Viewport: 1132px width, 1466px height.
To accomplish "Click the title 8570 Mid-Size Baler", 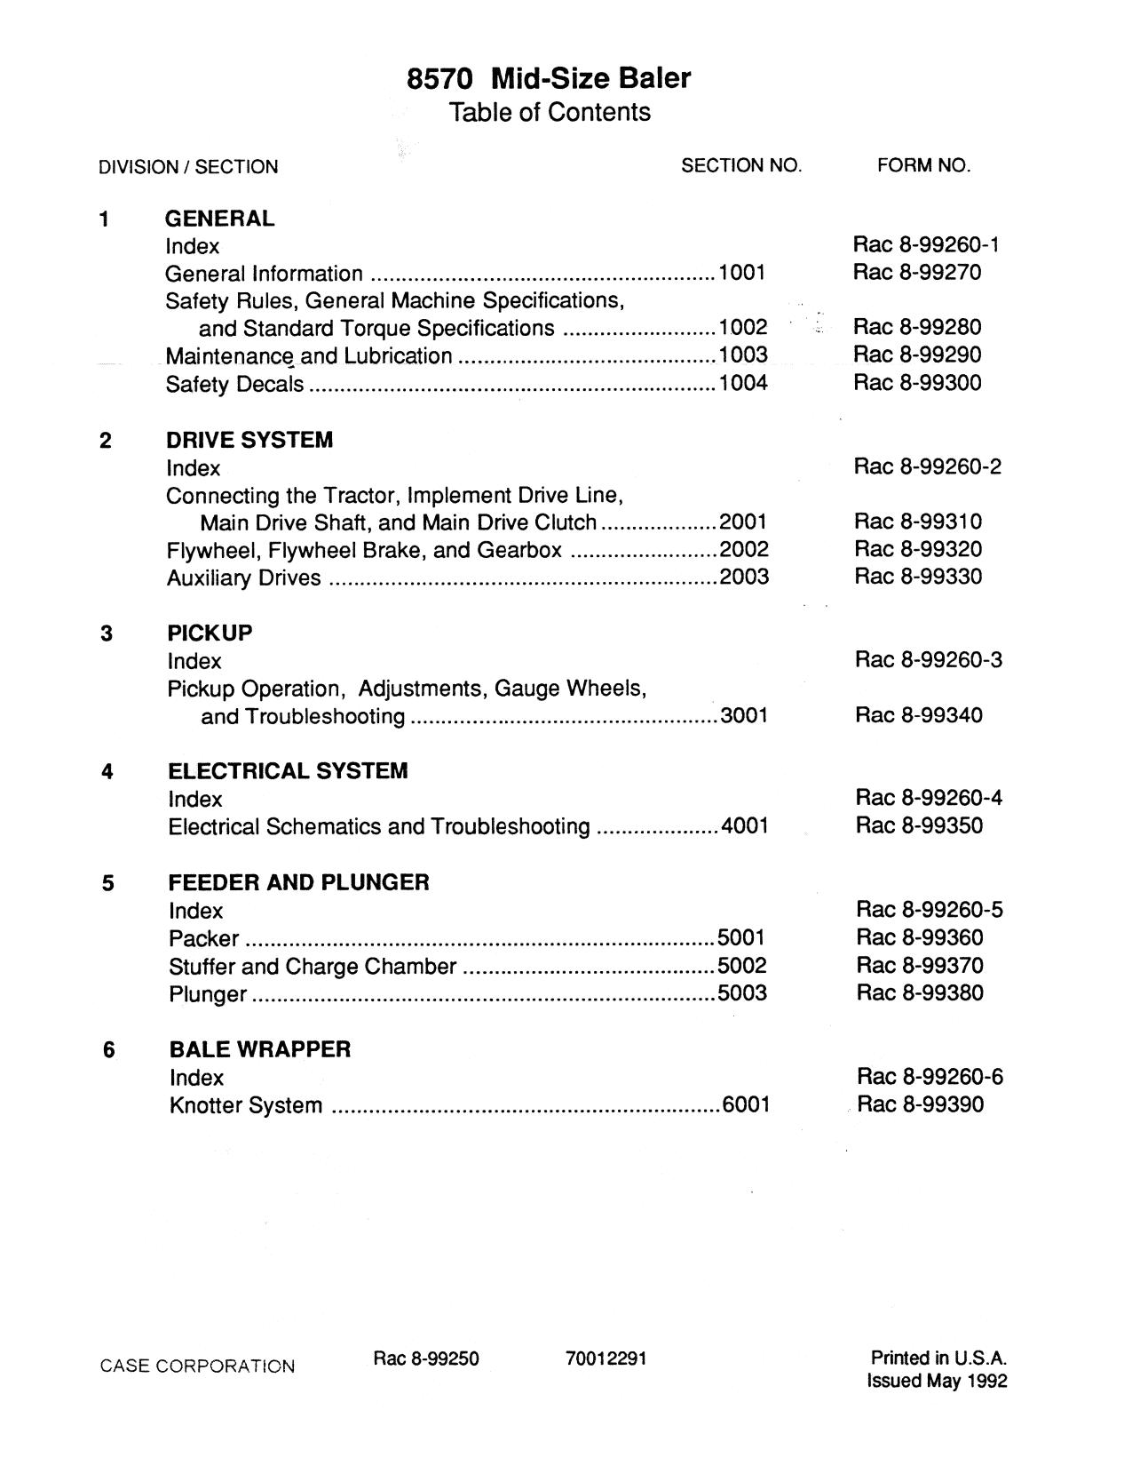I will click(x=548, y=78).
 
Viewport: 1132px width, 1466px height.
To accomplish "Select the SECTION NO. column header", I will click(x=740, y=165).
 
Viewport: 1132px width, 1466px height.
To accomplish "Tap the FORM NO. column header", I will click(x=923, y=165).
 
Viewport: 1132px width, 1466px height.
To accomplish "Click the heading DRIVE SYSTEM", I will click(x=249, y=440).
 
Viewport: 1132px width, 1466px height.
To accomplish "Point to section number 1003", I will click(x=743, y=355).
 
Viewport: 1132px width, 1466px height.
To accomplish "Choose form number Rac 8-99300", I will click(x=917, y=383).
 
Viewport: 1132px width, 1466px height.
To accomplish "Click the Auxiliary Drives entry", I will click(x=243, y=578).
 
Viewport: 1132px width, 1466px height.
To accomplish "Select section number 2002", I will click(x=744, y=549).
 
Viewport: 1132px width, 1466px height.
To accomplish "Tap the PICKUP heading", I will click(x=210, y=633).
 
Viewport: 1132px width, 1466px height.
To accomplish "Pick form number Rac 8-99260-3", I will click(x=929, y=659).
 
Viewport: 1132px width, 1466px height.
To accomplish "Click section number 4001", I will click(x=744, y=826).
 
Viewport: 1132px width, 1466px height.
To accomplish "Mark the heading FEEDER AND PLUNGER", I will click(x=298, y=882).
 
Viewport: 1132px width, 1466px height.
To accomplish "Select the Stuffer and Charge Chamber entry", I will click(x=313, y=967).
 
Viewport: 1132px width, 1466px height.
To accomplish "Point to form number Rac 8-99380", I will click(x=920, y=992).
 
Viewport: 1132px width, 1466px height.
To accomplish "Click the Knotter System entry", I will click(x=246, y=1106).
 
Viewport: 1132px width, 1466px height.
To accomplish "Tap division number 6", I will click(x=108, y=1050).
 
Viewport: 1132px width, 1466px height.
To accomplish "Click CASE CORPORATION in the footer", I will click(x=197, y=1366).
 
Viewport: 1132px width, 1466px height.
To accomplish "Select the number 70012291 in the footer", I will click(x=606, y=1358).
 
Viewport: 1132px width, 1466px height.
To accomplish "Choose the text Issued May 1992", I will click(x=937, y=1382).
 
